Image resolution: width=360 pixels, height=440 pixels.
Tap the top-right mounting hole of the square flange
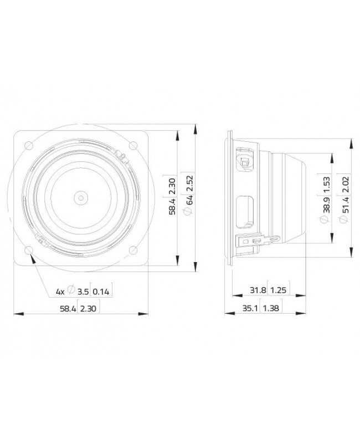[133, 145]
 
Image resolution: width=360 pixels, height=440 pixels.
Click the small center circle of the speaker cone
[81, 197]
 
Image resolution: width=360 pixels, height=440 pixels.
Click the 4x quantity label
[60, 291]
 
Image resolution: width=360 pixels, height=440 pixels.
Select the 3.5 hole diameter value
[83, 291]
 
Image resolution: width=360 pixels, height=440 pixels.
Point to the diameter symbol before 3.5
[71, 291]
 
